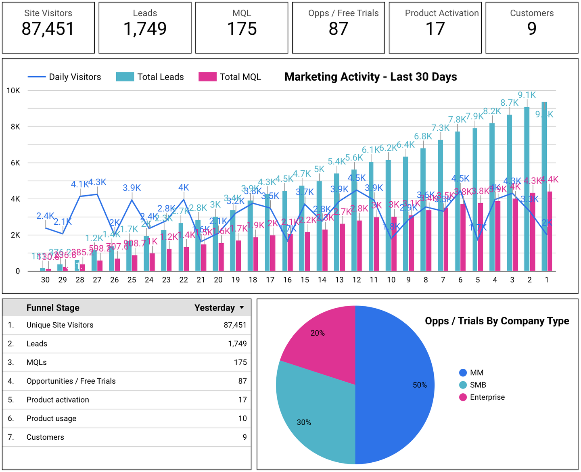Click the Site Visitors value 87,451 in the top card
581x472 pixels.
click(48, 29)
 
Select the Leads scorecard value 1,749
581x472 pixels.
click(145, 29)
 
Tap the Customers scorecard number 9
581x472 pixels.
click(532, 29)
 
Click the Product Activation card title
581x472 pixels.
click(441, 13)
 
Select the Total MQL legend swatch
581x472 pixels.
click(207, 77)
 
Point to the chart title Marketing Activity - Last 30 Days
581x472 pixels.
click(370, 77)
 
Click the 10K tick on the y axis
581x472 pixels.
click(13, 91)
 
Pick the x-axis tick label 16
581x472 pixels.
click(287, 280)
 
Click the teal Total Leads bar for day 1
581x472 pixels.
click(544, 190)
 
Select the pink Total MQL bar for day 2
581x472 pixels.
click(533, 234)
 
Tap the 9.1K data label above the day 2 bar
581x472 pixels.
click(527, 95)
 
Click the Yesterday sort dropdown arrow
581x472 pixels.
click(242, 308)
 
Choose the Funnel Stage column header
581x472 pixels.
click(53, 308)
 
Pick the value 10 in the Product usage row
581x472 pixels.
click(242, 418)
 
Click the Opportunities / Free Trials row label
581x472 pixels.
click(71, 381)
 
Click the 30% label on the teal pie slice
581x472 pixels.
click(304, 422)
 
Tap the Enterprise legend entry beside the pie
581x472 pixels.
click(487, 397)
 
